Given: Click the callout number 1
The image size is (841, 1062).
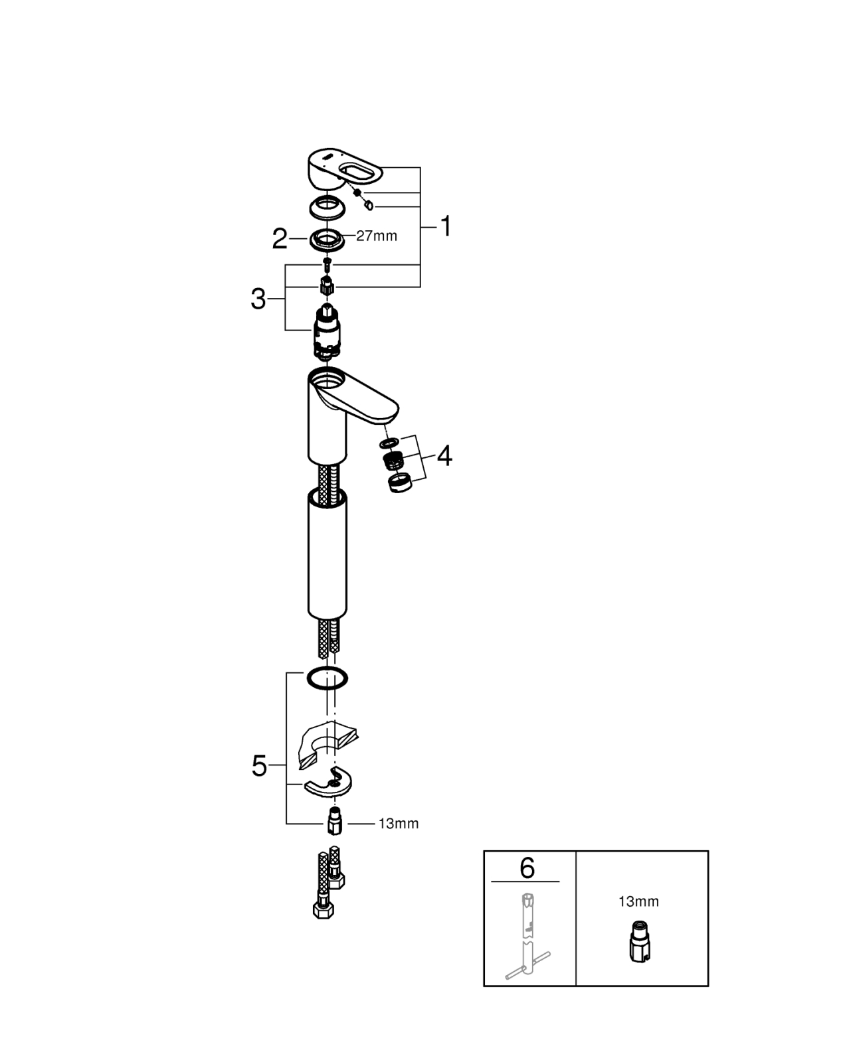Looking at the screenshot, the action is click(x=446, y=226).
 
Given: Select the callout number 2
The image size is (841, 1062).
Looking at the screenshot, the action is click(x=280, y=239).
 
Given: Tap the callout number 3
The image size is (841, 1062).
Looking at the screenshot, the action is click(x=258, y=299).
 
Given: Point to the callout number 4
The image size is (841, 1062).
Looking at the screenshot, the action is click(x=444, y=456).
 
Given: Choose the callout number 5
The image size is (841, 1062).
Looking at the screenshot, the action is click(x=259, y=765).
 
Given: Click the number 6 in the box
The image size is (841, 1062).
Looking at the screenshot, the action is click(x=527, y=868).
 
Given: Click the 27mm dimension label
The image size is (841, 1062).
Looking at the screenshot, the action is click(x=377, y=236).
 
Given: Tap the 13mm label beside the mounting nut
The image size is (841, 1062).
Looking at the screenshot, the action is click(x=399, y=824).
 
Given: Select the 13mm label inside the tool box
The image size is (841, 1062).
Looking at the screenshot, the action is click(x=638, y=901).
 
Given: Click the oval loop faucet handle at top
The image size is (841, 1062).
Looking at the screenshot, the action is click(x=345, y=169).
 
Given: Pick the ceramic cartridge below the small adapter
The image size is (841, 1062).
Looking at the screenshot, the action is click(x=326, y=333).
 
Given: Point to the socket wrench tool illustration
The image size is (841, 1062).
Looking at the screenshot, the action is click(x=528, y=935).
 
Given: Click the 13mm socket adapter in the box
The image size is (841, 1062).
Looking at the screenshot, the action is click(x=640, y=942).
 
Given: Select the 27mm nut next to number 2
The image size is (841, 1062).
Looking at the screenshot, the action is click(x=326, y=240).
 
